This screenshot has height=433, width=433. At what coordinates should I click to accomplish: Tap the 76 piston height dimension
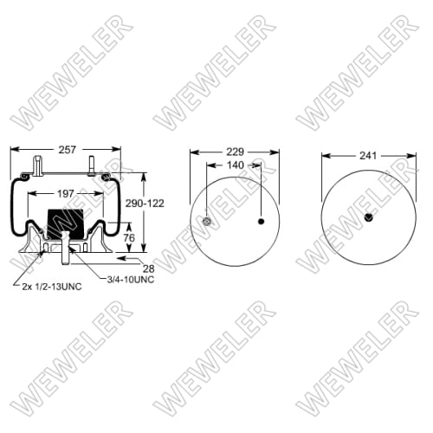[128, 237]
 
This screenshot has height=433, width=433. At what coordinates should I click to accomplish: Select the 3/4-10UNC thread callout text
[130, 279]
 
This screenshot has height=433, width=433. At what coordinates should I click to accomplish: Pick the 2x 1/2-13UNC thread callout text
[51, 287]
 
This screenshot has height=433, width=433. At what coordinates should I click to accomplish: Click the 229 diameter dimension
[234, 151]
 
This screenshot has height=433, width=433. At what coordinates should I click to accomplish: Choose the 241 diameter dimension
[367, 156]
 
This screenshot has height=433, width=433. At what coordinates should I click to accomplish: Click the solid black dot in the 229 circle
[262, 222]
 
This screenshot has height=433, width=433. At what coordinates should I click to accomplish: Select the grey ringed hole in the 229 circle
[206, 222]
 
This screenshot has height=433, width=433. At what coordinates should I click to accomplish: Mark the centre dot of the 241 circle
[368, 216]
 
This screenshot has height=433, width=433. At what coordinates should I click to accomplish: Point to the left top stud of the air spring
[38, 165]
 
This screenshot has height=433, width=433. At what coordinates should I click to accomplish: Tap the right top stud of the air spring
[92, 165]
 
